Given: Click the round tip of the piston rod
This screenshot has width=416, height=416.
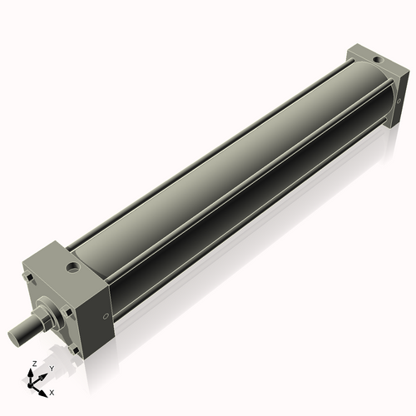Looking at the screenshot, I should pos(15,338).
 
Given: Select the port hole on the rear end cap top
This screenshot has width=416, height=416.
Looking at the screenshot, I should pos(379,60).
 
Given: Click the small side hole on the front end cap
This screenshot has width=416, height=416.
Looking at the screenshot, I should pos(106,315).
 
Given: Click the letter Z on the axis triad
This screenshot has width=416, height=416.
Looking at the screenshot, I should pos(33,364).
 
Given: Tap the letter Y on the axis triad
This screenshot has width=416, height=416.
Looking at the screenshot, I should pos(51,368).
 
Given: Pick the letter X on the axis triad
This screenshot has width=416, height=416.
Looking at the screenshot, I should pos(52,391).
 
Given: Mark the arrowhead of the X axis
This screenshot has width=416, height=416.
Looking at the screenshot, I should pos(45,388).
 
